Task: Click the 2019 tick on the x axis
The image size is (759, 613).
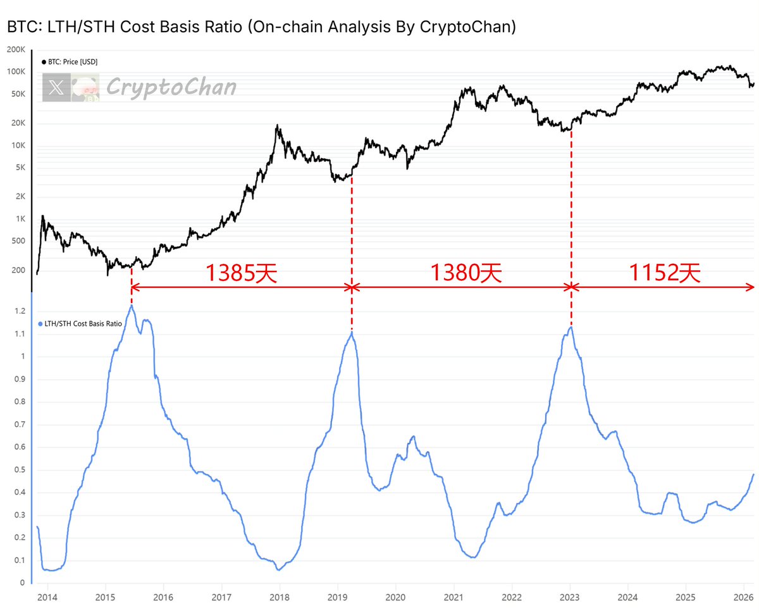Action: click(337, 597)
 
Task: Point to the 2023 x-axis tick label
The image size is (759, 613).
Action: click(570, 597)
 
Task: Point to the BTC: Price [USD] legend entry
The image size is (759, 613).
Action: click(70, 62)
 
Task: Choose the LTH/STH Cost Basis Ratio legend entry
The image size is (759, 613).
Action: click(80, 323)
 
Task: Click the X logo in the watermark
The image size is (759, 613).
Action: click(56, 88)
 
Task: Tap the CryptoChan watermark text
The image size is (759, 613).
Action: click(171, 87)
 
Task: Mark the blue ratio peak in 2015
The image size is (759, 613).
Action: click(131, 306)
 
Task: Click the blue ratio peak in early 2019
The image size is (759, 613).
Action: click(351, 332)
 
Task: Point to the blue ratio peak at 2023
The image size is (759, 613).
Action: click(571, 327)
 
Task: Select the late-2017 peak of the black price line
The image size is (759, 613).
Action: click(278, 126)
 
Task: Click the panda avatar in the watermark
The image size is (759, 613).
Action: click(83, 88)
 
